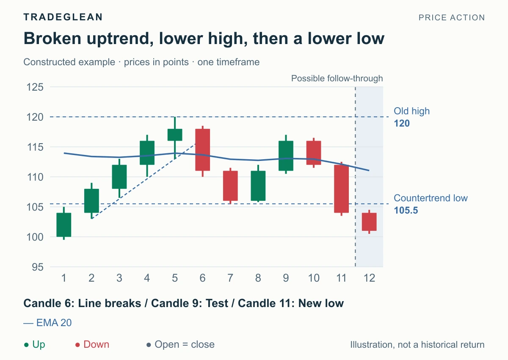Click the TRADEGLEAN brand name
pos(63,17)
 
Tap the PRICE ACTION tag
pos(452,17)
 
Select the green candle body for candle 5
pos(175,135)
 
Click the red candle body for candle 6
pos(202,150)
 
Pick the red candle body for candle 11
pos(341,189)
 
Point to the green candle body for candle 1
pos(64,225)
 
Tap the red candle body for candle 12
pos(369,222)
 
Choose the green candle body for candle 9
pos(286,155)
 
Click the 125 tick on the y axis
pos(35,87)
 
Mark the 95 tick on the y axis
pos(38,267)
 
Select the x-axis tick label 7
pos(230,278)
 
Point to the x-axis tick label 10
pos(314,278)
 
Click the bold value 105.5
pos(406,210)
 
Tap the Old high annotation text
pos(411,111)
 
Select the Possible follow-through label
pos(337,78)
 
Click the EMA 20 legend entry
pos(47,323)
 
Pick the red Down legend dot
pos(77,345)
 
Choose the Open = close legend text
pos(185,344)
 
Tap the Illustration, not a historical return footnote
pos(417,345)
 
